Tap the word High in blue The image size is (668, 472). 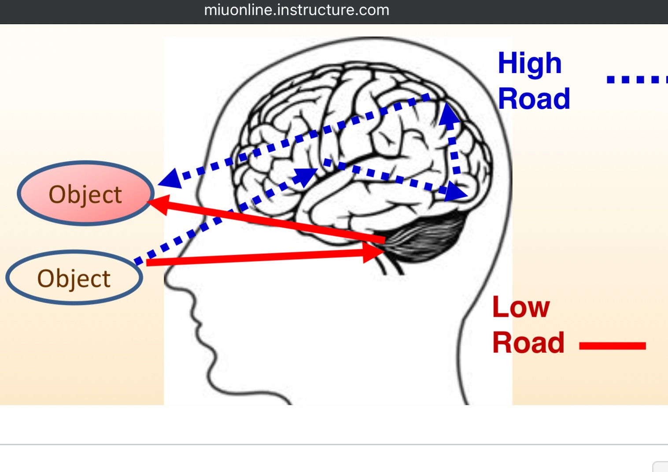pyautogui.click(x=529, y=64)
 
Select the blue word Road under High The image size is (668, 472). pyautogui.click(x=534, y=99)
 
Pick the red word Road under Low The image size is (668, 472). pyautogui.click(x=528, y=343)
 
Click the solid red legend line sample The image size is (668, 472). pyautogui.click(x=612, y=346)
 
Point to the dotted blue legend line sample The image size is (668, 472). pyautogui.click(x=636, y=80)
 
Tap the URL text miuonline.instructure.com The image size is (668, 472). pyautogui.click(x=296, y=10)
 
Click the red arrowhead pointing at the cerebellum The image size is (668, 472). pyautogui.click(x=373, y=252)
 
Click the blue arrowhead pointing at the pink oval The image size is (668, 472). pyautogui.click(x=170, y=178)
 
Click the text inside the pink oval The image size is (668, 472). pyautogui.click(x=85, y=195)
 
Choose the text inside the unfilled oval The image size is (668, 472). pyautogui.click(x=74, y=279)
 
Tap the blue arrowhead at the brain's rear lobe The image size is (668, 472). pyautogui.click(x=456, y=193)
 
